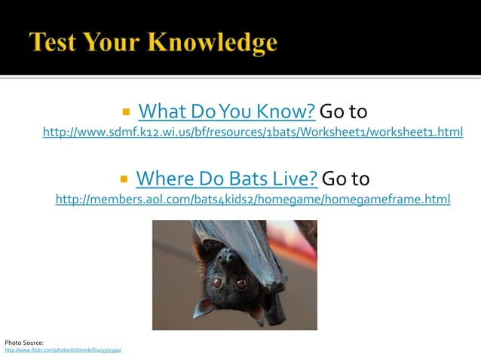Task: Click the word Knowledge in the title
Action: click(x=217, y=42)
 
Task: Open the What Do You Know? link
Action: click(x=226, y=112)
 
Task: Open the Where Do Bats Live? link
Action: click(x=226, y=179)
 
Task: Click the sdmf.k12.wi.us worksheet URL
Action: click(x=253, y=133)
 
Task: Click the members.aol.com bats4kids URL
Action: click(x=253, y=200)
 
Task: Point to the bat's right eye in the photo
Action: click(x=241, y=283)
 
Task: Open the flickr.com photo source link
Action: click(x=63, y=350)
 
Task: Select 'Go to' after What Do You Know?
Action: click(x=344, y=112)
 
